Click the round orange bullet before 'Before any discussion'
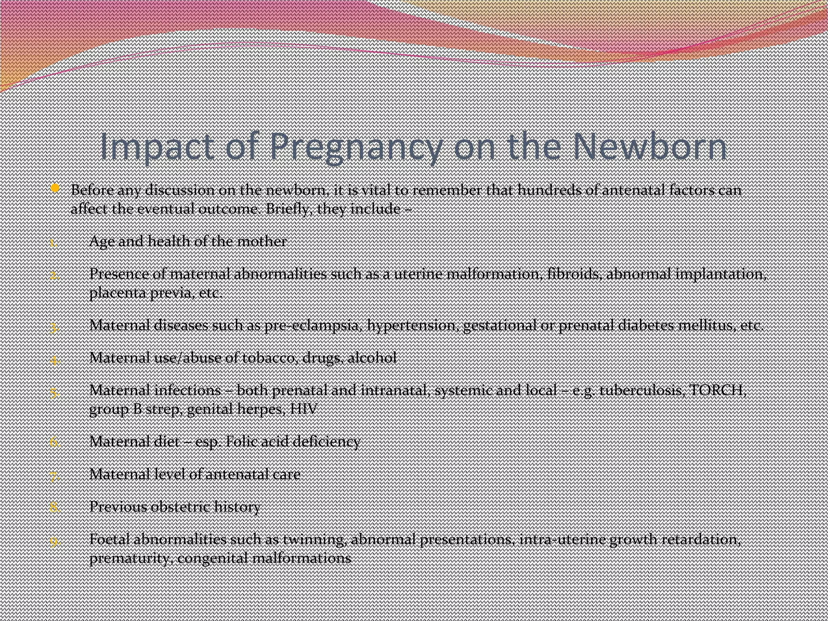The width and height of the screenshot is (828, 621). coord(55,188)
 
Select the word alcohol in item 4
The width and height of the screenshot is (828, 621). coord(372,358)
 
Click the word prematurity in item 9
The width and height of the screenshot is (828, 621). coord(131,558)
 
